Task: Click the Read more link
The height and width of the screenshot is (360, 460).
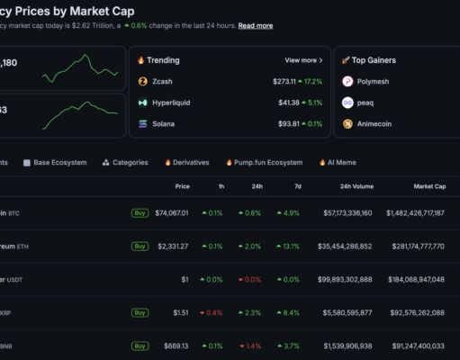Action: (256, 25)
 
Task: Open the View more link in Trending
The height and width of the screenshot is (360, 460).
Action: (303, 60)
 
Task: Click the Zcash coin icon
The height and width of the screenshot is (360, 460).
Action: (143, 81)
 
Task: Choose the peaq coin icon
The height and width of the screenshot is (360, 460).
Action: (347, 103)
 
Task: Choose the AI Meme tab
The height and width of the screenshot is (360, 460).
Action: (339, 163)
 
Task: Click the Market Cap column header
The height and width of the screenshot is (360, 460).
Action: (428, 186)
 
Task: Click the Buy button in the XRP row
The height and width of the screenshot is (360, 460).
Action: (140, 312)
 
